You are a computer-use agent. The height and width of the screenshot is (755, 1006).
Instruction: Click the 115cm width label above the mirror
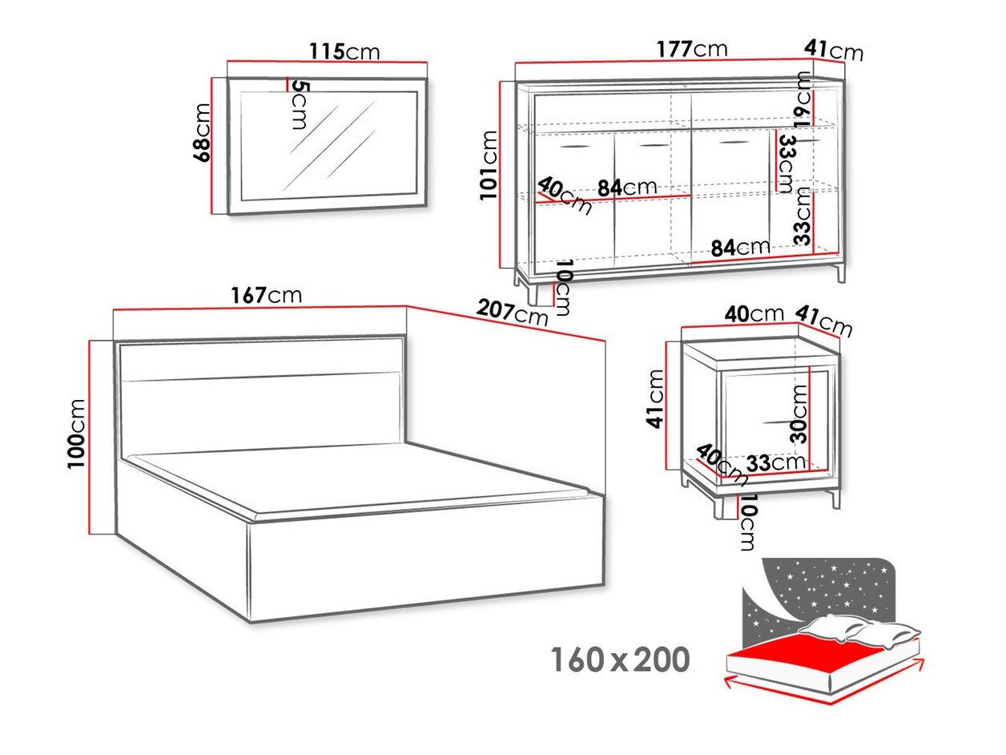coord(344,51)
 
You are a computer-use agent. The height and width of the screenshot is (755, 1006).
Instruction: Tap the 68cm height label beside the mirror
coord(202,132)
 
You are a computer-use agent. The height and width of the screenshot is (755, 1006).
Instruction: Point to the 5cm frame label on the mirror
coord(300,105)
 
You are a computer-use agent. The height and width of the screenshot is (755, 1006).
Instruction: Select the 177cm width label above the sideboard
coord(692,49)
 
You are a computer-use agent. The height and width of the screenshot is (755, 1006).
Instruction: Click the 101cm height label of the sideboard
coord(489,165)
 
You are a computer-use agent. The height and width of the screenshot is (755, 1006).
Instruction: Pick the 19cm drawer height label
coord(804,99)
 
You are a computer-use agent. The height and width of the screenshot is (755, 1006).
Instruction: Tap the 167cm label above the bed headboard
coord(266,295)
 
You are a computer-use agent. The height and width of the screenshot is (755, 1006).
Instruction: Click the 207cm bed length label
coord(512,313)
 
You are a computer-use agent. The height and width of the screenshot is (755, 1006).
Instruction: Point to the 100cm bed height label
coord(77,434)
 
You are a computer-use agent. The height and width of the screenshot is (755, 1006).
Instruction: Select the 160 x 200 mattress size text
coord(620,660)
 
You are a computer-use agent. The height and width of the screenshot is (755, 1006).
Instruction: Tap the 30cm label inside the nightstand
coord(800,414)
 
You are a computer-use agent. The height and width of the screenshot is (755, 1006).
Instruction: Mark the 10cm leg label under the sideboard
coord(564,288)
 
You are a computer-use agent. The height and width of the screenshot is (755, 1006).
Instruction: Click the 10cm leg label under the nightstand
coord(747,523)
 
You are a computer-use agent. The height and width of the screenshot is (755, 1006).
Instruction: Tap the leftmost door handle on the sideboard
coord(573,147)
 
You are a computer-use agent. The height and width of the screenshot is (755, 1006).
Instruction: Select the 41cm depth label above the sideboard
coord(834,50)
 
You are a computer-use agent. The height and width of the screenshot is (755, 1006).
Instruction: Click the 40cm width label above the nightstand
coord(754,313)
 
